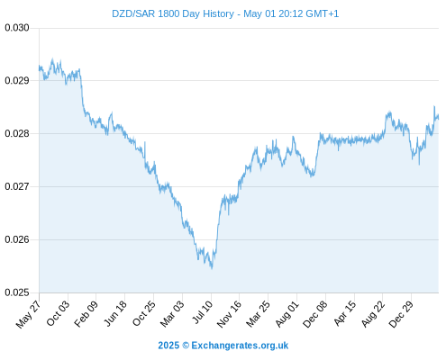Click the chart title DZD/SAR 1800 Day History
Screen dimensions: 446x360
coord(173,13)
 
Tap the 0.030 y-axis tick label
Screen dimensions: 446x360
coord(17,28)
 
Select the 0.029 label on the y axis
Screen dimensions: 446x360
coord(17,81)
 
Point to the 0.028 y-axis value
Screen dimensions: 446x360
coord(17,133)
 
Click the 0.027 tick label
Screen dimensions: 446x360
coord(17,186)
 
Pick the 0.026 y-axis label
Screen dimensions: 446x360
coord(17,239)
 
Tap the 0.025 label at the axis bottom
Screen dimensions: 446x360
coord(17,292)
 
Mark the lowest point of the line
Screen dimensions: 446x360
coord(212,269)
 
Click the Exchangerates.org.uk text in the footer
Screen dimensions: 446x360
coord(240,346)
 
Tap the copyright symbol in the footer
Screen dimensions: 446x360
coord(186,346)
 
